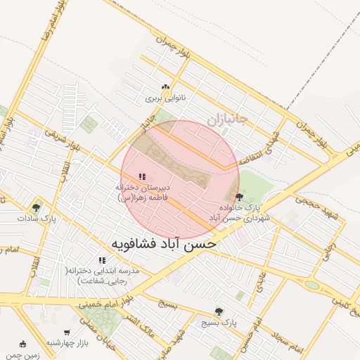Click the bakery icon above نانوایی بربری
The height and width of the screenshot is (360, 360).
coord(165,87)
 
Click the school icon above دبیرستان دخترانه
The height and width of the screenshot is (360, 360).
coord(141,176)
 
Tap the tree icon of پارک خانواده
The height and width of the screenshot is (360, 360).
coord(240,197)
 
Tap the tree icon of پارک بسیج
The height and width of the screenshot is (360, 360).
coord(219,311)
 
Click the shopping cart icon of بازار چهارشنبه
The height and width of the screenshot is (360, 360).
coord(67,332)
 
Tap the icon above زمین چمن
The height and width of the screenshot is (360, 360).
coord(23,345)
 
